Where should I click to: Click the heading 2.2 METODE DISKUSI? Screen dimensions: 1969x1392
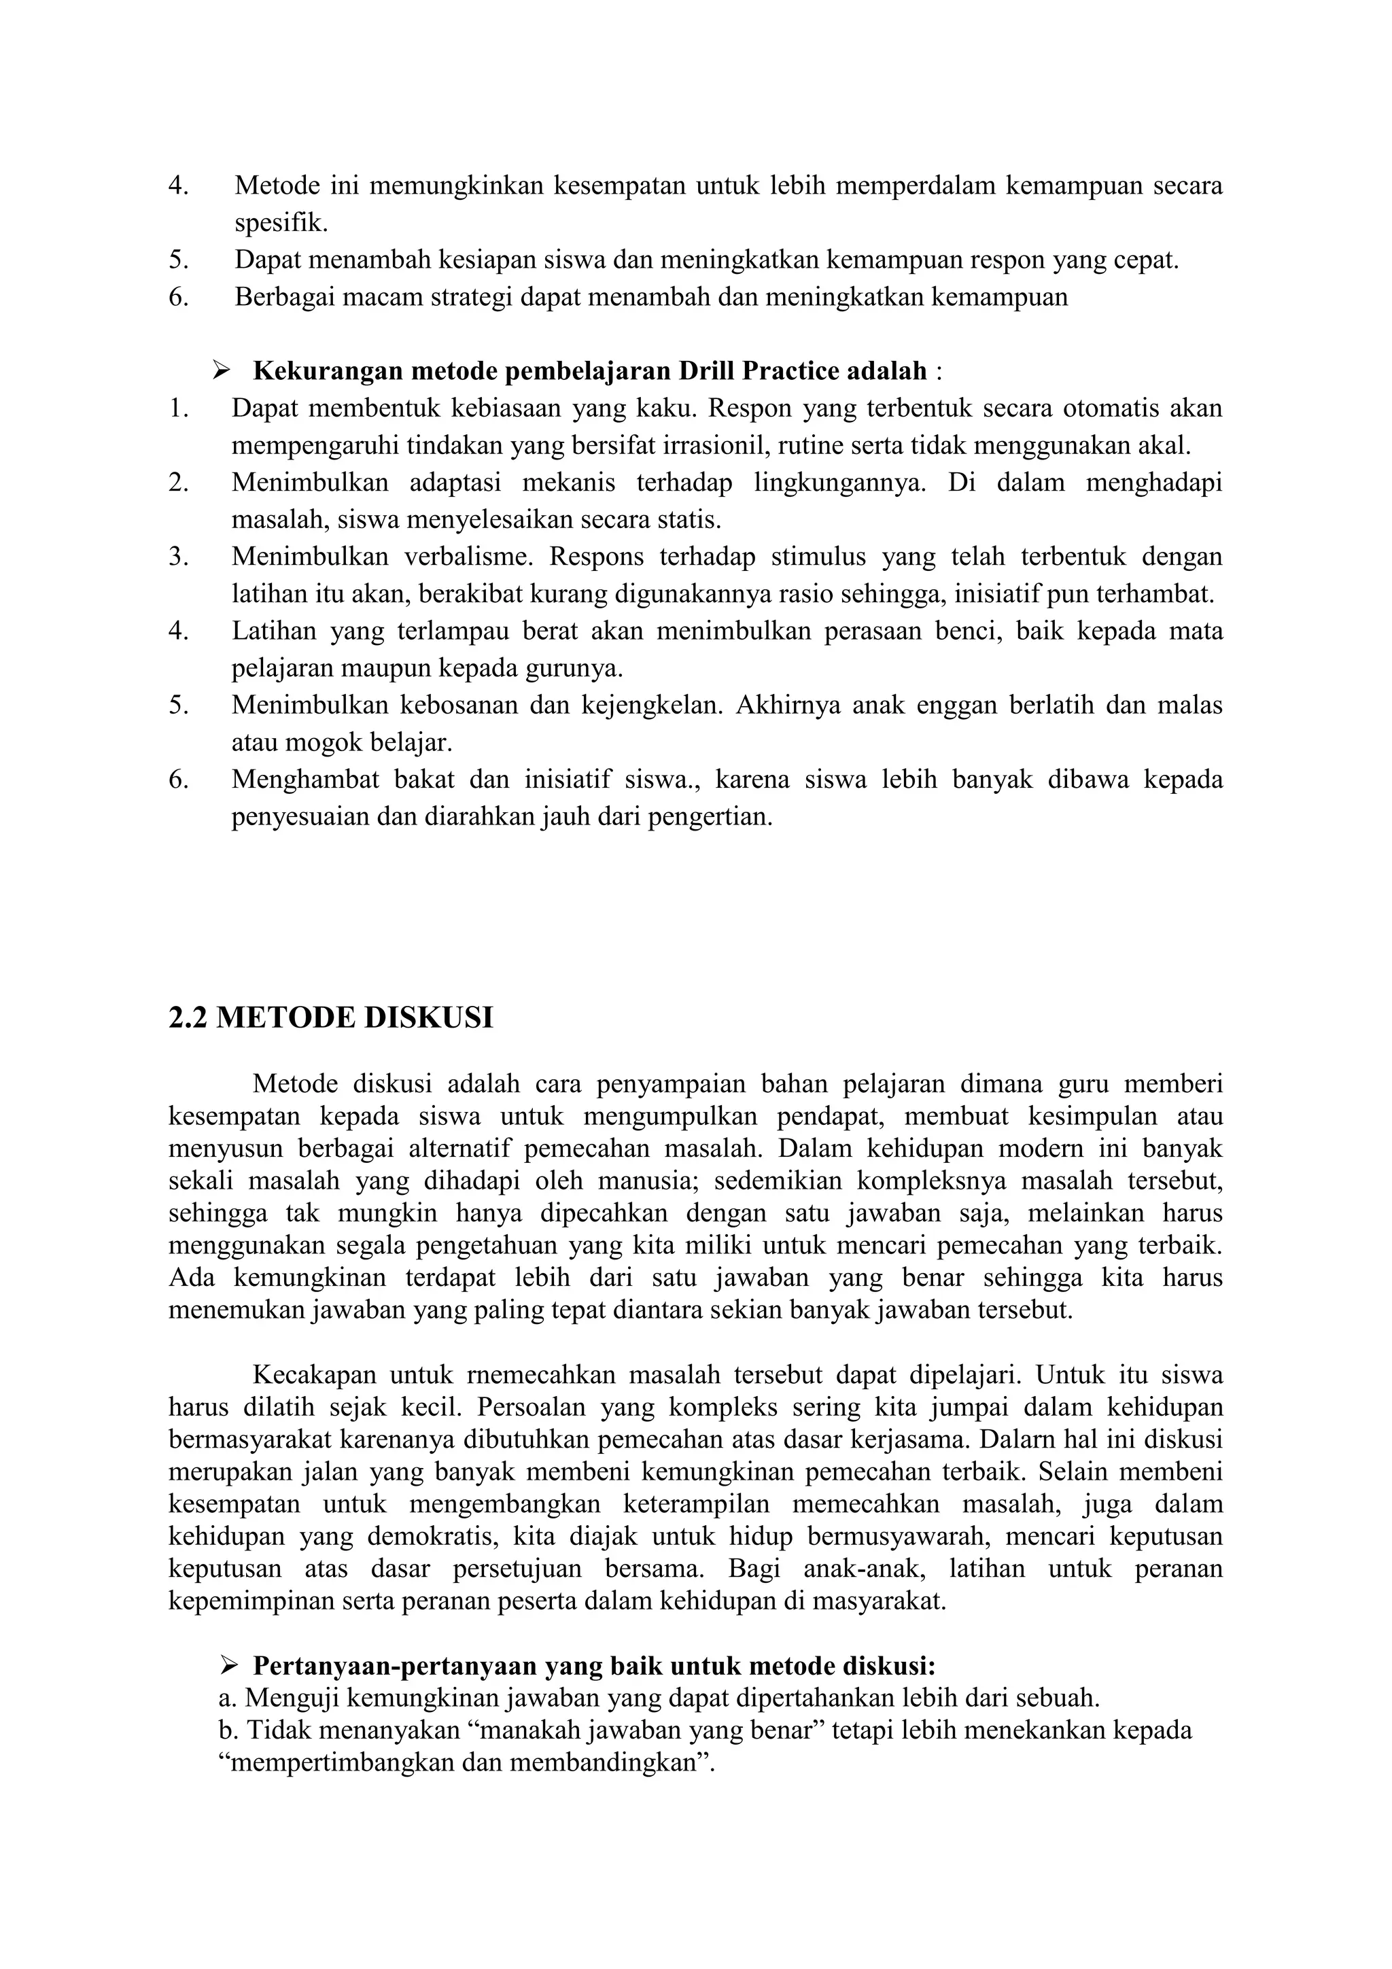330,1018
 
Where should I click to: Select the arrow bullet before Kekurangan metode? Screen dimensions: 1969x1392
222,370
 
